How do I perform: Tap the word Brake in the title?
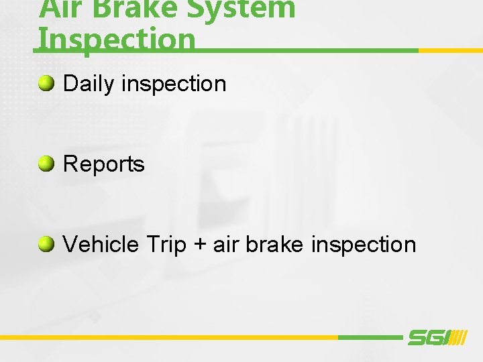tap(127, 8)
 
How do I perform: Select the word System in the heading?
tap(242, 8)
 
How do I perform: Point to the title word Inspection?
tap(117, 39)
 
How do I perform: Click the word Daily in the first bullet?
tap(89, 84)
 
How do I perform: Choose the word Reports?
tap(103, 164)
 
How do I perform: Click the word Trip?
tap(165, 245)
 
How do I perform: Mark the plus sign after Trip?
tap(199, 245)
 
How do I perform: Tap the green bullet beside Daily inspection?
tap(46, 83)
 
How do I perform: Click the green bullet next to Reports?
tap(46, 164)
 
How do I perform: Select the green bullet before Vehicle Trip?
tap(46, 244)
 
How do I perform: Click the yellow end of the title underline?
tap(450, 50)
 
